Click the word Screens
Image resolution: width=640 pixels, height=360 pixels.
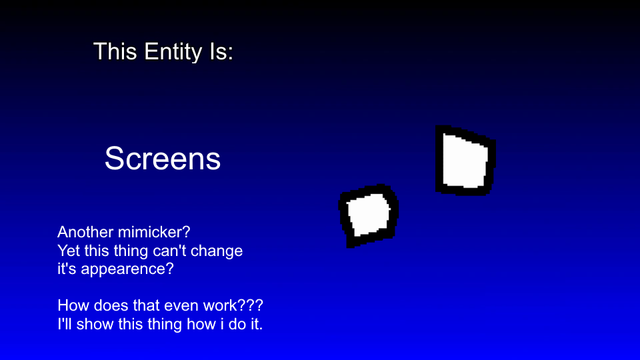tap(163, 159)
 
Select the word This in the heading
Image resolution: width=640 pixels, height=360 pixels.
tap(115, 51)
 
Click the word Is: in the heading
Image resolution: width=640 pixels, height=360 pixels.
tap(220, 51)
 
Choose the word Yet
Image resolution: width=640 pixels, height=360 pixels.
tap(69, 251)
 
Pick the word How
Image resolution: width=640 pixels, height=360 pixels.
tap(72, 306)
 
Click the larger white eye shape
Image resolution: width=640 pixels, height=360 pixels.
tap(465, 161)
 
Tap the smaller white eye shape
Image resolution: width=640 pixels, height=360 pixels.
tap(368, 214)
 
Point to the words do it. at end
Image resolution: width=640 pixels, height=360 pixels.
tap(250, 325)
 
